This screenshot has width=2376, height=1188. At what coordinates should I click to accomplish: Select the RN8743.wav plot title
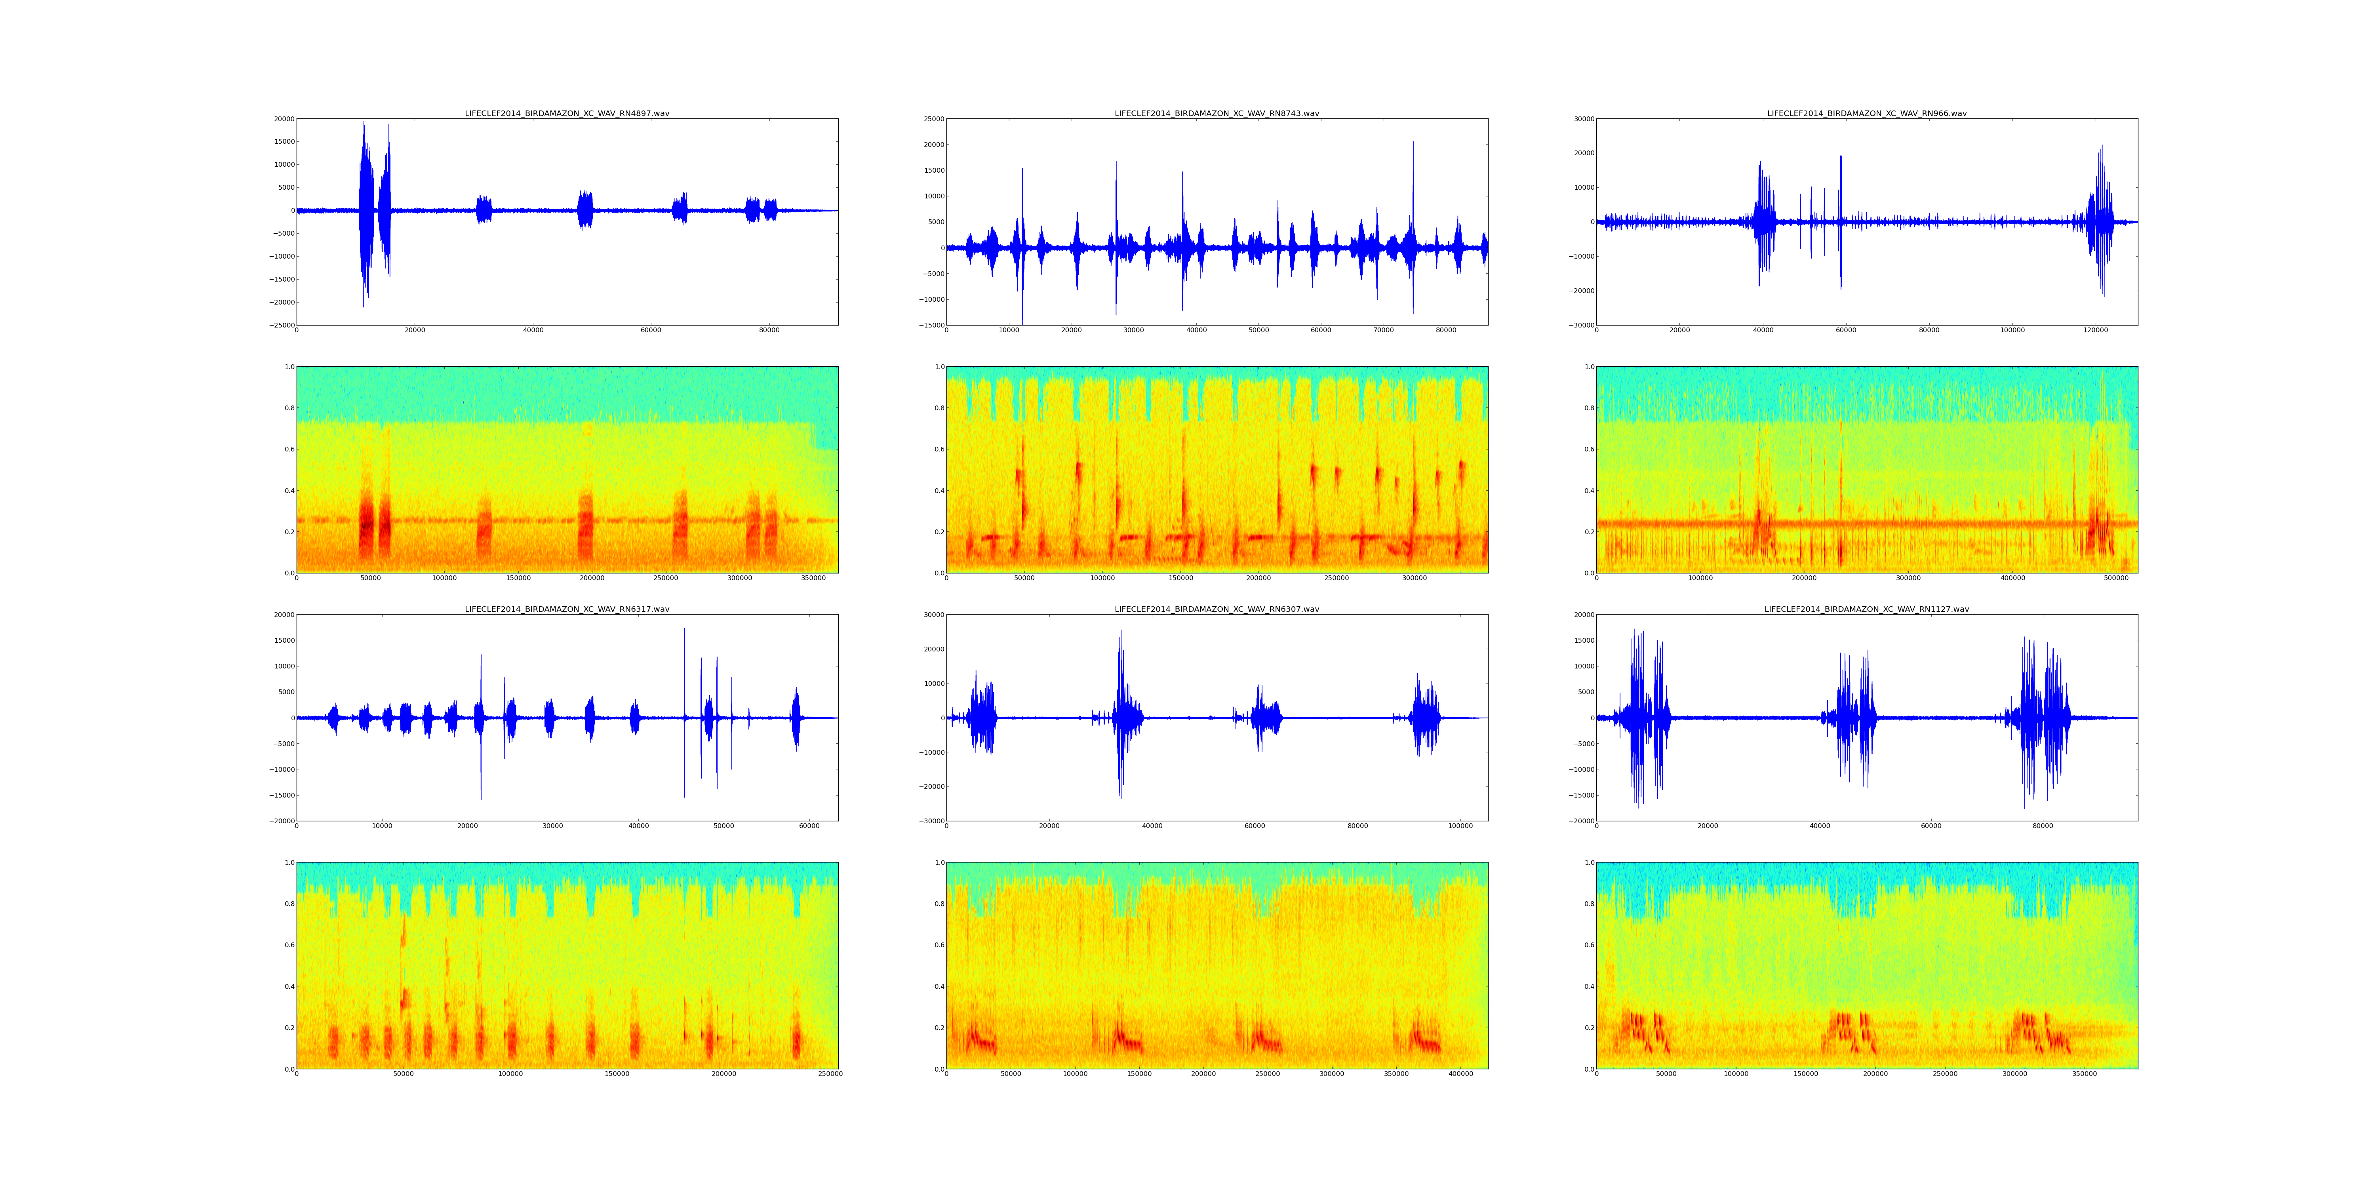point(1217,113)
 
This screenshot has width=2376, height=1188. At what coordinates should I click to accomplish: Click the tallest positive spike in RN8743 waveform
point(1412,143)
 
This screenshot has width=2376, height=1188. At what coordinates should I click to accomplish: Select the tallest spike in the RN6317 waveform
point(683,630)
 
